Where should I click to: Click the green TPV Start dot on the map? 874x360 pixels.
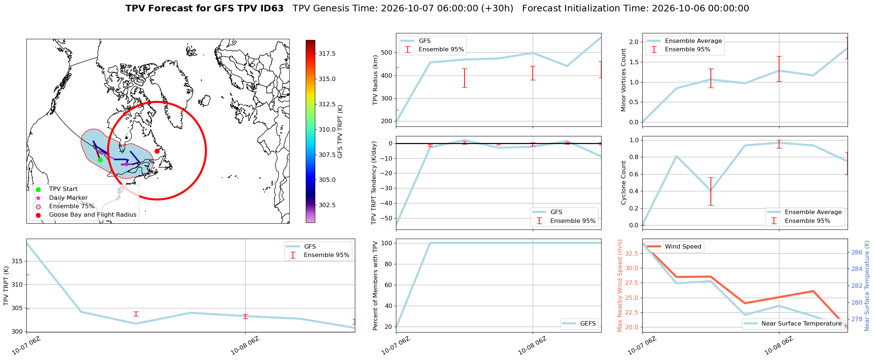click(x=100, y=160)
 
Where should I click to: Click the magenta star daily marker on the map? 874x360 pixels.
click(x=126, y=164)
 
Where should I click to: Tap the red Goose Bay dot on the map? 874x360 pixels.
click(x=157, y=151)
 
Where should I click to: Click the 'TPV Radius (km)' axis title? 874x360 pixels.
click(x=375, y=80)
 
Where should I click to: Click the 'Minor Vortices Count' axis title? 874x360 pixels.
click(x=623, y=80)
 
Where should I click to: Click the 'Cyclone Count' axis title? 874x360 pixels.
click(x=623, y=183)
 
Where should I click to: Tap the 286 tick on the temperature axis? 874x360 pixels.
click(x=857, y=252)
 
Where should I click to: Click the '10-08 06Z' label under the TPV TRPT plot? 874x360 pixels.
click(x=245, y=345)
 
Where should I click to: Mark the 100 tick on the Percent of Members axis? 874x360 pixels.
click(x=388, y=243)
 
